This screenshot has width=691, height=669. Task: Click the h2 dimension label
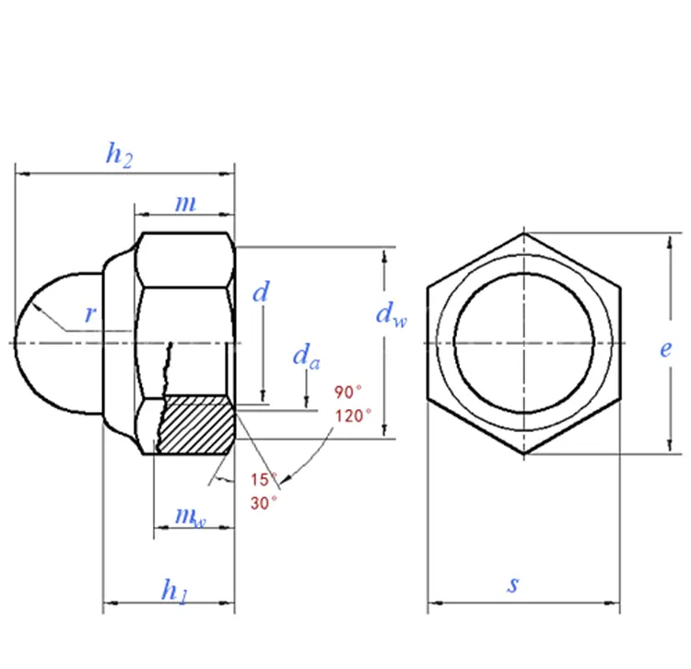pos(119,155)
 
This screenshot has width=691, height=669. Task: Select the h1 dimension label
pos(175,591)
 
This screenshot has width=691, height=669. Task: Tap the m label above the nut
pos(185,203)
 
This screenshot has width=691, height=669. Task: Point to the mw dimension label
pos(191,517)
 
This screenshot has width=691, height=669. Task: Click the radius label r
pos(90,314)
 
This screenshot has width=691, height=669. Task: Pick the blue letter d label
pos(261,291)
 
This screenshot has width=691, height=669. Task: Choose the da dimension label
pos(306,356)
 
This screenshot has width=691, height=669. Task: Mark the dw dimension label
pos(392,314)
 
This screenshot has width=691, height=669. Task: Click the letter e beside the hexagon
pos(666,348)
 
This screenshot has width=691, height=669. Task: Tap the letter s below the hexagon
pos(513,584)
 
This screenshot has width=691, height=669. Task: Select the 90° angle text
pos(347,392)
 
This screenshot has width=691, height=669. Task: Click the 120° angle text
pos(353,416)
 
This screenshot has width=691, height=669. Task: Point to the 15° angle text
pos(264,479)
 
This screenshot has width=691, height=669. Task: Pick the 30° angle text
pos(264,503)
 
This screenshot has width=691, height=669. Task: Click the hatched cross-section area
pos(196,426)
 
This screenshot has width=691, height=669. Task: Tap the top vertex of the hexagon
pos(524,233)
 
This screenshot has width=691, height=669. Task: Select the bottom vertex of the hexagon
pos(524,453)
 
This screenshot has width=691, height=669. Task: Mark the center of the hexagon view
pos(524,343)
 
